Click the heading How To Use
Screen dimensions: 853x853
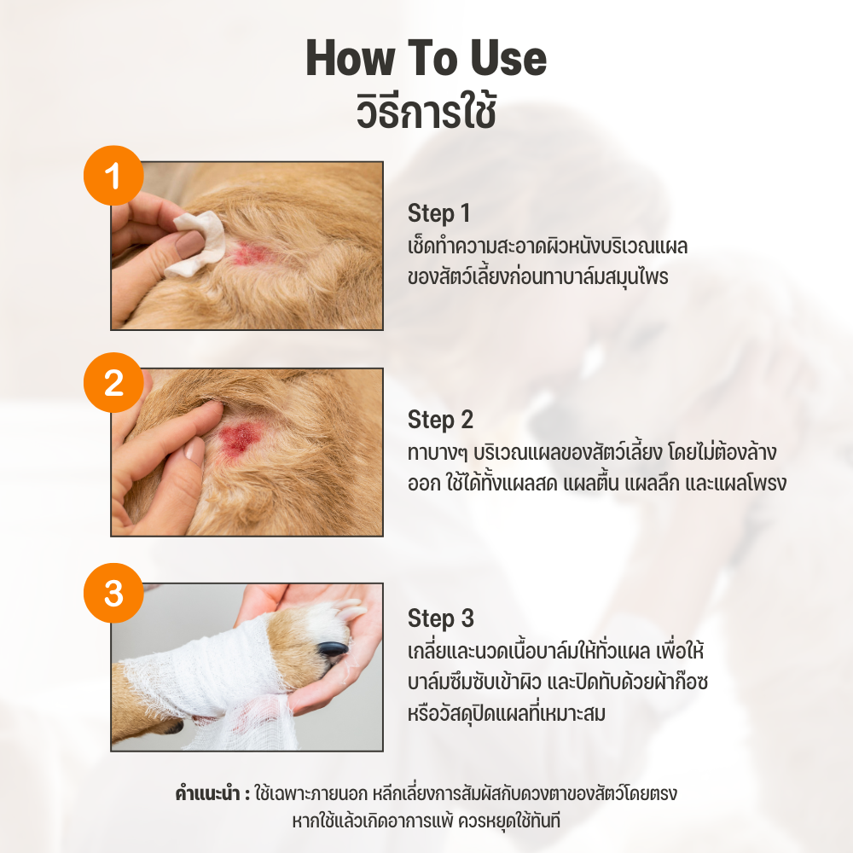coord(426,58)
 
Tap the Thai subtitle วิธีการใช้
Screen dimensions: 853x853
coord(426,112)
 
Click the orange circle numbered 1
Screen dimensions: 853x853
coord(113,175)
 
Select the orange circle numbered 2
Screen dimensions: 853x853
coord(113,382)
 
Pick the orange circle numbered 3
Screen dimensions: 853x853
coord(113,593)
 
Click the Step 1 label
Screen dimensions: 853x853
coord(439,213)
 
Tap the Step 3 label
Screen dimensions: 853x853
coord(441,618)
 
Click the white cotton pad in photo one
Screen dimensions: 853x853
coord(197,244)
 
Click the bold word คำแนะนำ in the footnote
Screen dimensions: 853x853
coord(207,793)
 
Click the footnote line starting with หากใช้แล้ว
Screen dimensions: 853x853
coord(426,821)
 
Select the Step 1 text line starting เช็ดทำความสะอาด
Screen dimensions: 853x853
coord(548,247)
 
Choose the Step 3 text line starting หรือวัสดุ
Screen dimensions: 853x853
coord(507,713)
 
